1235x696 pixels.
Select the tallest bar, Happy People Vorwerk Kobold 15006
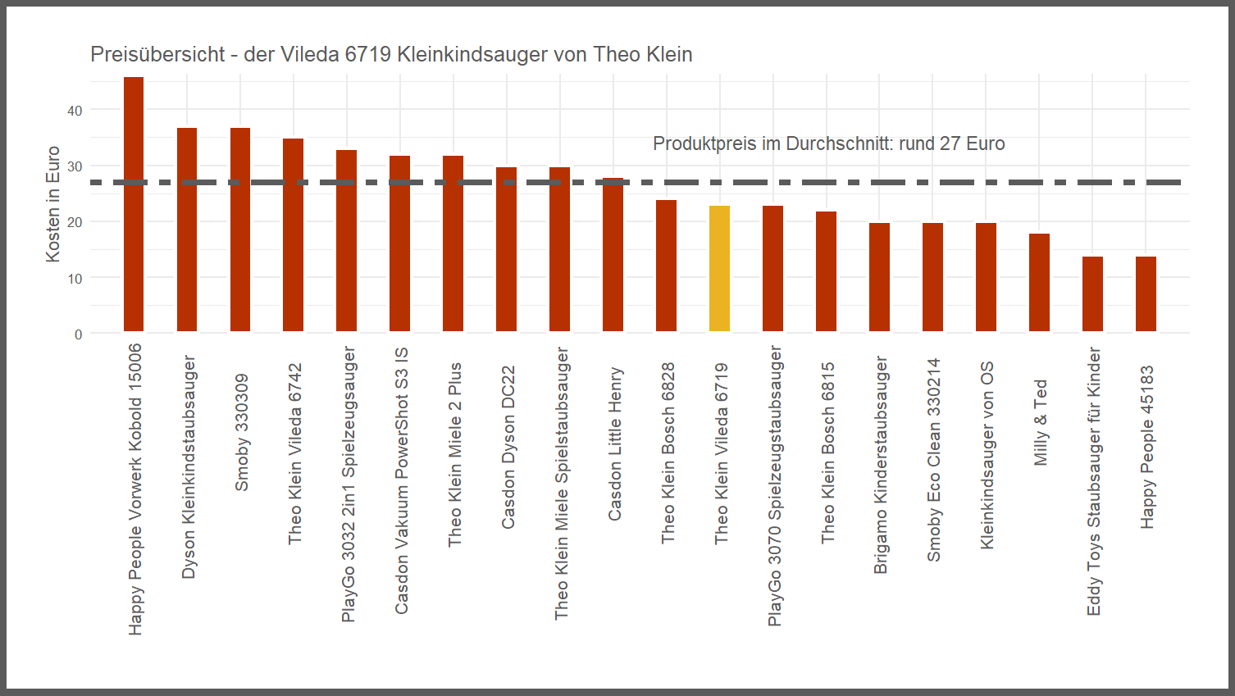click(134, 205)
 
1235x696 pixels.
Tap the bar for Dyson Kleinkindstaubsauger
click(187, 230)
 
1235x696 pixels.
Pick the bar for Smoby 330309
click(240, 230)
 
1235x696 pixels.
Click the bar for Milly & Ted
click(1039, 283)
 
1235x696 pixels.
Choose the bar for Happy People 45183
click(1146, 294)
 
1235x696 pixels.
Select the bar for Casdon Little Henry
click(613, 255)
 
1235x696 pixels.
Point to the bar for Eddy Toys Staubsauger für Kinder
click(1092, 294)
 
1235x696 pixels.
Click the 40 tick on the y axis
click(75, 111)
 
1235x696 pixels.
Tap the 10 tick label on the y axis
click(75, 279)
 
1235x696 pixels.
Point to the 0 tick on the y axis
click(78, 334)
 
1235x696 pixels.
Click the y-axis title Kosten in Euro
click(53, 204)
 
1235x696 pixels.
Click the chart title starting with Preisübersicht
click(391, 54)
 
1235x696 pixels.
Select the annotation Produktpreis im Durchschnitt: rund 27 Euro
click(828, 143)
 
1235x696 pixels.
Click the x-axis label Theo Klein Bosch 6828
click(668, 453)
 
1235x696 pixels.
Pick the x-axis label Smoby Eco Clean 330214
click(934, 460)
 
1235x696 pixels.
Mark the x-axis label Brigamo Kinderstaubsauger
click(881, 465)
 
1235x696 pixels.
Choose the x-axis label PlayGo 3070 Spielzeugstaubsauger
click(775, 486)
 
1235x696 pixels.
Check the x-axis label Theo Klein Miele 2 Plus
click(455, 455)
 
